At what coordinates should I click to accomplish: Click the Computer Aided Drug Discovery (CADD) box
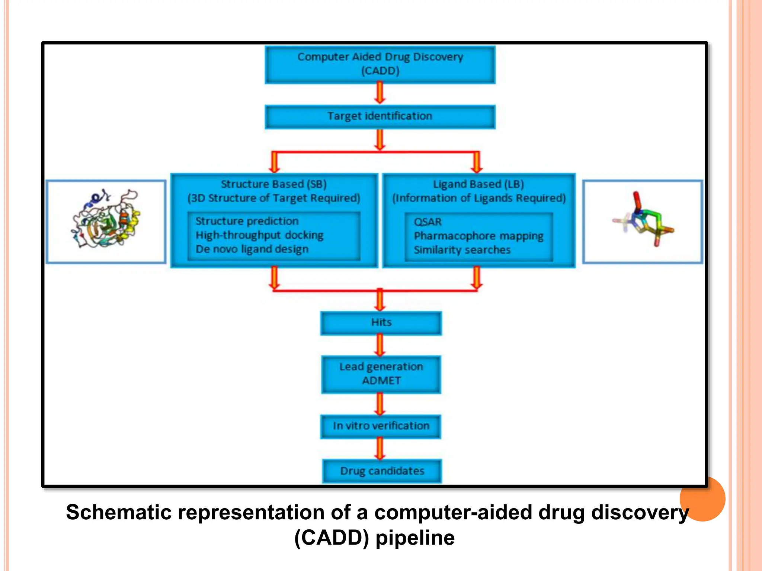380,64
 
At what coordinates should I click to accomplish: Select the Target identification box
380,117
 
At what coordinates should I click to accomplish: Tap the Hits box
381,323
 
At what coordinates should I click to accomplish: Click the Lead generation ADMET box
381,374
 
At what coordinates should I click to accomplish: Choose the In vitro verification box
381,426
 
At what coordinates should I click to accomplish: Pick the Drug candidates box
382,471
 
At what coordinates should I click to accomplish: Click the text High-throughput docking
259,235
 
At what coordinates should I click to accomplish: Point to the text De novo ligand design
252,249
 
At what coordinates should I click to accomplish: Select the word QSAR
428,222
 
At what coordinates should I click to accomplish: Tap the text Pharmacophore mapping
478,236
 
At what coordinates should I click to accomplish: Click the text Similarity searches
462,250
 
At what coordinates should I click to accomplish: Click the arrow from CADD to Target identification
380,93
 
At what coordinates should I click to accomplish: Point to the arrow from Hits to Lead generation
380,345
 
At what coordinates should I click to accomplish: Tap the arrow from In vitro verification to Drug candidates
380,448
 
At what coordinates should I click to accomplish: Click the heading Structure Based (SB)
273,184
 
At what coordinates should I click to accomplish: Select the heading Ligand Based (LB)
478,184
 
